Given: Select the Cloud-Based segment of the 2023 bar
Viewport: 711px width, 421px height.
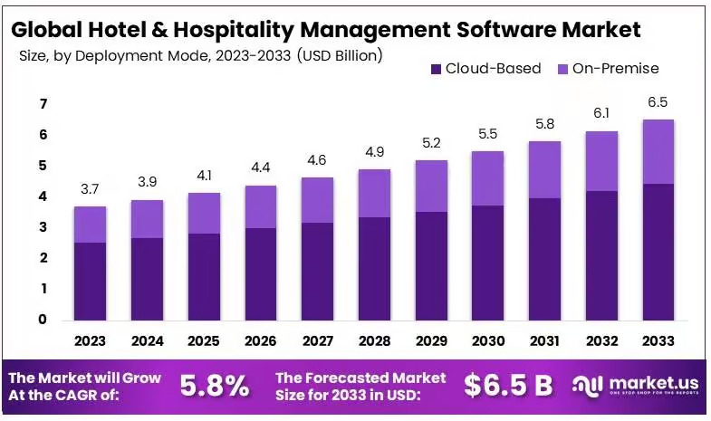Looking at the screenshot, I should coord(91,281).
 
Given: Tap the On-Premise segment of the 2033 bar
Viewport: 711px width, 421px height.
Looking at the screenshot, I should coord(658,151).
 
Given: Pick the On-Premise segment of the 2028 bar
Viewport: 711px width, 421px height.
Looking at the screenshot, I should coord(374,193).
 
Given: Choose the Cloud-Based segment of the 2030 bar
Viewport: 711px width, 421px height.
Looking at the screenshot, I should coord(487,263).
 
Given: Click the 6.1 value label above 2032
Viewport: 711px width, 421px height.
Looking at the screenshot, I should coord(602,113).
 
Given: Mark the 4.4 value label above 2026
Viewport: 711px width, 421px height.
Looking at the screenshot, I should coord(260,169).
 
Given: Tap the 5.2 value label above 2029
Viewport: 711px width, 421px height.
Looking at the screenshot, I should coord(430,143).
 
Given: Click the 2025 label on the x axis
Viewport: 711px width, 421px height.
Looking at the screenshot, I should coord(204,341).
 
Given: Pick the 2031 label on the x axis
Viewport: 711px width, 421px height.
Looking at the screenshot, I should coord(544,341).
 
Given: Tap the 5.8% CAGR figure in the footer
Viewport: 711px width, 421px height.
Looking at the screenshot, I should coord(215,385).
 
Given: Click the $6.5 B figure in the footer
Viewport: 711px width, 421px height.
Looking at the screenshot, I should coord(508,385).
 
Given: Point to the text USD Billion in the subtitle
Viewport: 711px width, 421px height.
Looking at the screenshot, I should coord(340,55).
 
